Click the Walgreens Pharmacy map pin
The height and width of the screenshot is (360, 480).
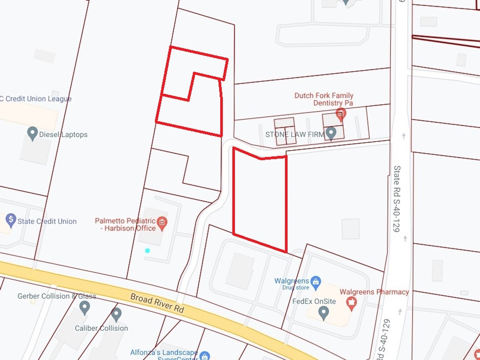[x=351, y=303]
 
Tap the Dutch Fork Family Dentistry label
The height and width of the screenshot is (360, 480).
[x=324, y=99]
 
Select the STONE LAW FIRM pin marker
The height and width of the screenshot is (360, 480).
[x=331, y=133]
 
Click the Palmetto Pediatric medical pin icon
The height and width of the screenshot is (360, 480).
[x=162, y=223]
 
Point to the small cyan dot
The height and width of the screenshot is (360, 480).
[x=148, y=251]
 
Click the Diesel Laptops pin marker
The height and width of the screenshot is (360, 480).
[x=32, y=134]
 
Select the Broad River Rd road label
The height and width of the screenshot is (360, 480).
[x=157, y=303]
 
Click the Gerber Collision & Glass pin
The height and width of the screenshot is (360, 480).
[x=84, y=307]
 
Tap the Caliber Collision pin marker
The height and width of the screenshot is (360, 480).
[x=116, y=314]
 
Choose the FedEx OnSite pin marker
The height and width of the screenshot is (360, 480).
[x=323, y=313]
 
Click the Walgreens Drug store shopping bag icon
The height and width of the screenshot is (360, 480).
[x=316, y=282]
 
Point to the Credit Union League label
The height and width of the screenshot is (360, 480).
[x=36, y=99]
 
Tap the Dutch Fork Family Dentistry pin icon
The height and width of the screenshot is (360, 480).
[x=341, y=114]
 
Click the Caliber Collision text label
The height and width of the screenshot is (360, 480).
[x=101, y=328]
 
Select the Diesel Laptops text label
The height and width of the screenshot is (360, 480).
[x=63, y=134]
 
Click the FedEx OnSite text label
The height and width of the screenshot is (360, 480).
[x=314, y=301]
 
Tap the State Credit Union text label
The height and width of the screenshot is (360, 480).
[x=47, y=221]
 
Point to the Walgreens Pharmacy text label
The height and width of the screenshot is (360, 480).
[x=374, y=292]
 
